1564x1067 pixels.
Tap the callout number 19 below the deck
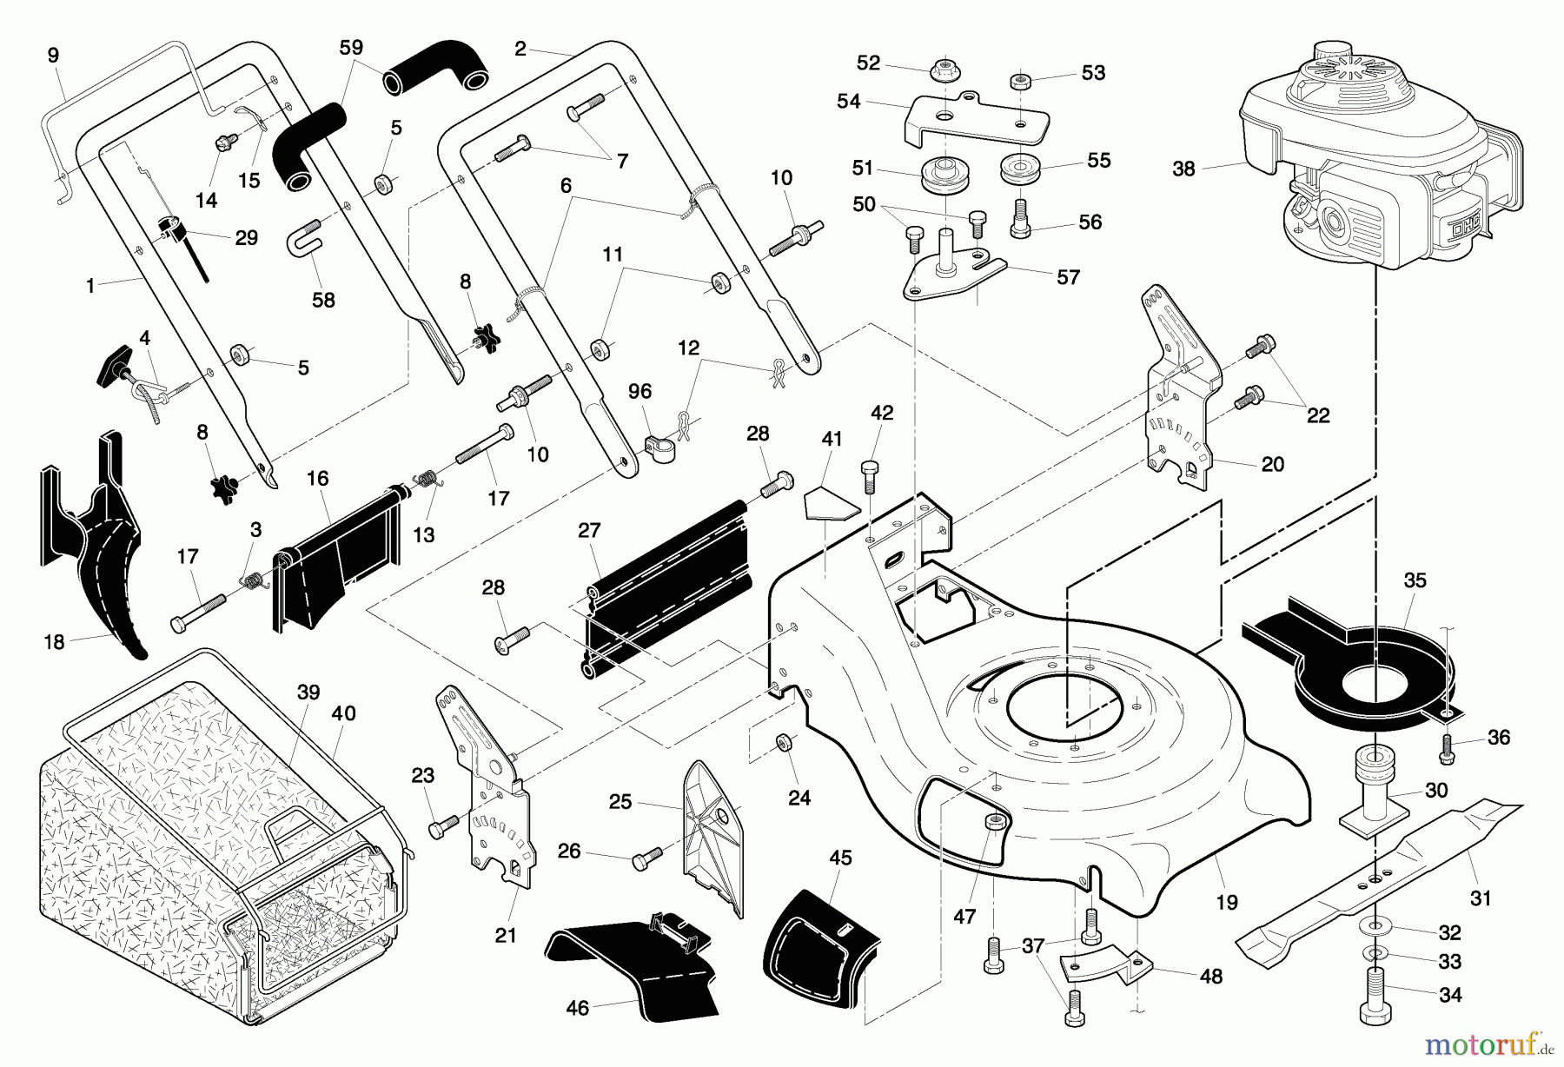(x=1227, y=902)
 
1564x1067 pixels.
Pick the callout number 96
(x=640, y=391)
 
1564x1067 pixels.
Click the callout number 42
(x=882, y=413)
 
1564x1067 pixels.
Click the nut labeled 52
(x=944, y=69)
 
